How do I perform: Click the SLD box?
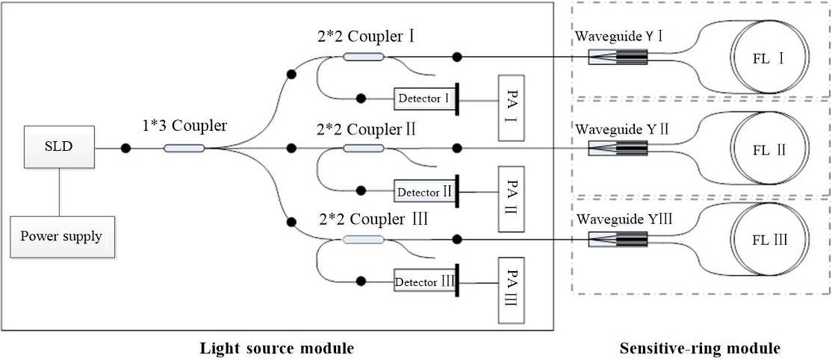click(58, 148)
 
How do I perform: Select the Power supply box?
click(61, 237)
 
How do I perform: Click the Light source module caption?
click(276, 348)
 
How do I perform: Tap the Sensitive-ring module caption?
click(700, 348)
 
